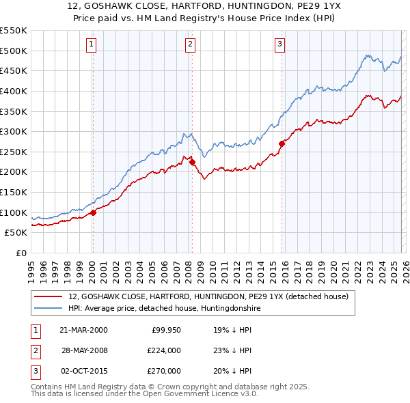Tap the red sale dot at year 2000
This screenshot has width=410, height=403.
pyautogui.click(x=94, y=212)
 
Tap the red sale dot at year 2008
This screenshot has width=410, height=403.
pyautogui.click(x=192, y=162)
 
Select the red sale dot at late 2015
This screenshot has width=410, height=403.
pyautogui.click(x=282, y=143)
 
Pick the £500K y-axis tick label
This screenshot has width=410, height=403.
pyautogui.click(x=14, y=51)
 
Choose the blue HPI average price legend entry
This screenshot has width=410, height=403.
pyautogui.click(x=164, y=309)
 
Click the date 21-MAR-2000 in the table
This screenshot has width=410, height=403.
pyautogui.click(x=83, y=329)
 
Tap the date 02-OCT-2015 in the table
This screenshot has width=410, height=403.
pyautogui.click(x=83, y=371)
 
